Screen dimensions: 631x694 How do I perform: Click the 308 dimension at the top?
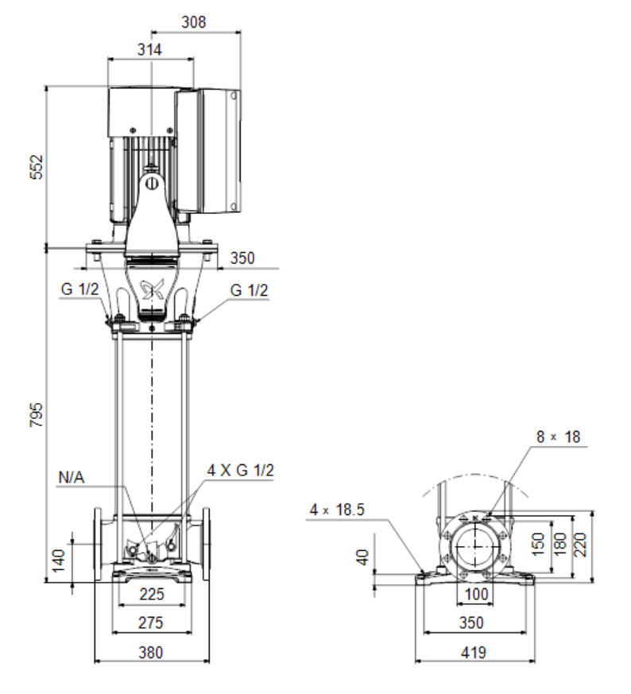coord(193,21)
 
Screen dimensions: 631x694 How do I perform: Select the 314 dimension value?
coord(149,49)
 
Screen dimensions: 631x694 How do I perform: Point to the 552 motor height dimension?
coord(37,167)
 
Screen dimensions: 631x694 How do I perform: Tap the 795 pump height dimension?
coord(37,415)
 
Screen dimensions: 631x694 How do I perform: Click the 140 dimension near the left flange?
coord(58,560)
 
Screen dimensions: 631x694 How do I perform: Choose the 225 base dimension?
coord(151,594)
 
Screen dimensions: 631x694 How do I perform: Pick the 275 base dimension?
coord(151,622)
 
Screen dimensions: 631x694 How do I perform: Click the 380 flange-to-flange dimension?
coord(151,653)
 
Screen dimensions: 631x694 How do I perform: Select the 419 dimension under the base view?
coord(474,653)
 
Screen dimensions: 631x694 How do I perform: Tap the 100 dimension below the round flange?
coord(477,594)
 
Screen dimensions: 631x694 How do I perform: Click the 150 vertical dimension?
coord(537,545)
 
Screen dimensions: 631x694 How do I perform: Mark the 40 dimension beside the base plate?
coord(363,557)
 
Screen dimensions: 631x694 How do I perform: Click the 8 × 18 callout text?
coord(558,437)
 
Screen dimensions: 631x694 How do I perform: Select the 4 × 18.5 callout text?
coord(337,510)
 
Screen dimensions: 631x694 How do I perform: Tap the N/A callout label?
coord(72,478)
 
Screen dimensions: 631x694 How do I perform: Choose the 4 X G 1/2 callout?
coord(241,470)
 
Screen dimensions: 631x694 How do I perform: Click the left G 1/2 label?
coord(79,289)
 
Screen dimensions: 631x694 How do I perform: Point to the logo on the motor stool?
coord(152,289)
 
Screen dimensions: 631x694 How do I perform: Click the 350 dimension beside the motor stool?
coord(242,258)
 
